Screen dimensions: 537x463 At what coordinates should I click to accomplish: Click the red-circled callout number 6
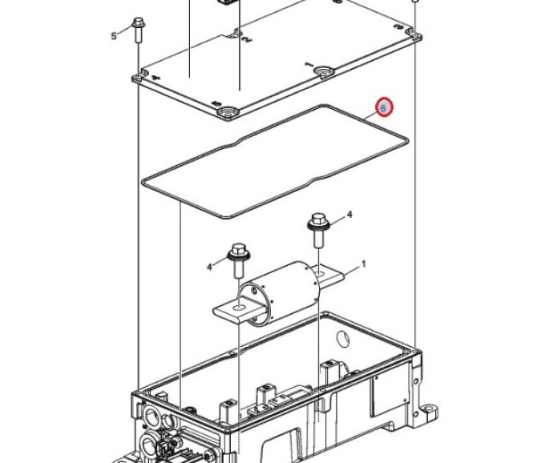pyautogui.click(x=383, y=107)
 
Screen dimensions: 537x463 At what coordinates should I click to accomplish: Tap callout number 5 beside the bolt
pyautogui.click(x=114, y=35)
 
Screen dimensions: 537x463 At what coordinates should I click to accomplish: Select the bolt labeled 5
pyautogui.click(x=138, y=30)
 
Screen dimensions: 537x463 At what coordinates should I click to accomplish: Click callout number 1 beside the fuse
pyautogui.click(x=363, y=264)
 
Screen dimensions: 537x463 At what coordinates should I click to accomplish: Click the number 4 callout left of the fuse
pyautogui.click(x=210, y=266)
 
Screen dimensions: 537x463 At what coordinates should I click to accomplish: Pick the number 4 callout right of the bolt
pyautogui.click(x=349, y=215)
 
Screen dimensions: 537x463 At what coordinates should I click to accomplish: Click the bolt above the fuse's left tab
pyautogui.click(x=239, y=260)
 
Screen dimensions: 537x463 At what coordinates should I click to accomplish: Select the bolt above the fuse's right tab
pyautogui.click(x=317, y=229)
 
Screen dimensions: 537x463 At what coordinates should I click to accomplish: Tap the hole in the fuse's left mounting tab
pyautogui.click(x=238, y=308)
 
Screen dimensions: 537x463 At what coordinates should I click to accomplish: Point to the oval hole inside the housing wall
pyautogui.click(x=343, y=339)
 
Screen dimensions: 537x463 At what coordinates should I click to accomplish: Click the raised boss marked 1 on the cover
pyautogui.click(x=325, y=71)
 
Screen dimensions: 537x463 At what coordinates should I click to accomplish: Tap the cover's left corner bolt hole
pyautogui.click(x=138, y=79)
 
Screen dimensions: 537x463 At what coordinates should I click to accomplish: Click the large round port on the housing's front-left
pyautogui.click(x=151, y=417)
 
